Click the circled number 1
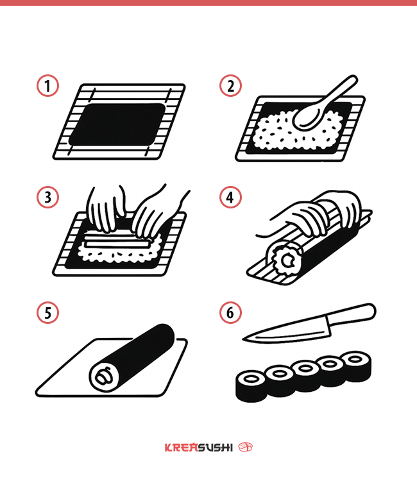pyautogui.click(x=47, y=85)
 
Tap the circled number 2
pyautogui.click(x=230, y=85)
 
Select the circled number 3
pyautogui.click(x=47, y=198)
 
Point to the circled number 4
pyautogui.click(x=230, y=198)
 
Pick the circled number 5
pyautogui.click(x=47, y=312)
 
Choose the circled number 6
pyautogui.click(x=230, y=312)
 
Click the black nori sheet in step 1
pyautogui.click(x=117, y=124)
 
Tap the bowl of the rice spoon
pyautogui.click(x=307, y=117)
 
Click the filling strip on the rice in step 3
pyautogui.click(x=117, y=240)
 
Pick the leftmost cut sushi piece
pyautogui.click(x=251, y=386)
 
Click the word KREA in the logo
pyautogui.click(x=182, y=448)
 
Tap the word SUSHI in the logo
pyautogui.click(x=216, y=448)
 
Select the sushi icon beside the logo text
pyautogui.click(x=246, y=447)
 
